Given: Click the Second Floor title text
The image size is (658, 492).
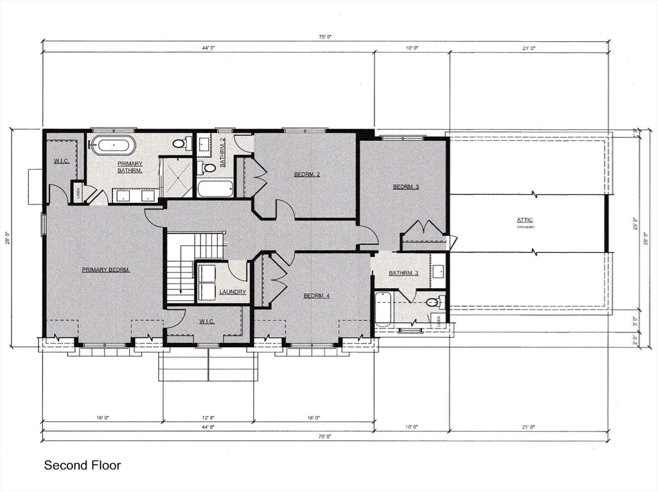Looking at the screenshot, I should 82,464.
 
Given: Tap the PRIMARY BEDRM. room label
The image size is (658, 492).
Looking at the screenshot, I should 106,270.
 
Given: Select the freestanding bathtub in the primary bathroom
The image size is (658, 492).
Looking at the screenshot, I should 112,145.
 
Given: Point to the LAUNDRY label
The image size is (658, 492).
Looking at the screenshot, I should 232,292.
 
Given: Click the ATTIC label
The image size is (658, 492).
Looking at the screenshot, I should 525,221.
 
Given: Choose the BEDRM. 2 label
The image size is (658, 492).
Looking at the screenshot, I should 307,174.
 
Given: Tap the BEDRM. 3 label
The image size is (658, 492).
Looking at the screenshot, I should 406,187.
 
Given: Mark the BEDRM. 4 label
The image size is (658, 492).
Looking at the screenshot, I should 316,296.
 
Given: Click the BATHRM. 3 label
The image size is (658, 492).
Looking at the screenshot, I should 404,273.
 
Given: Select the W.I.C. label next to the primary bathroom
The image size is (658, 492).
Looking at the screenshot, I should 62,161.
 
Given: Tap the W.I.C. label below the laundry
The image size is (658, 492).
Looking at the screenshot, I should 206,321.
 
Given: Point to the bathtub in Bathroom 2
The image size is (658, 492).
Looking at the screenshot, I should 215,188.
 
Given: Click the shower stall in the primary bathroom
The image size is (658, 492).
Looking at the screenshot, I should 176,177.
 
